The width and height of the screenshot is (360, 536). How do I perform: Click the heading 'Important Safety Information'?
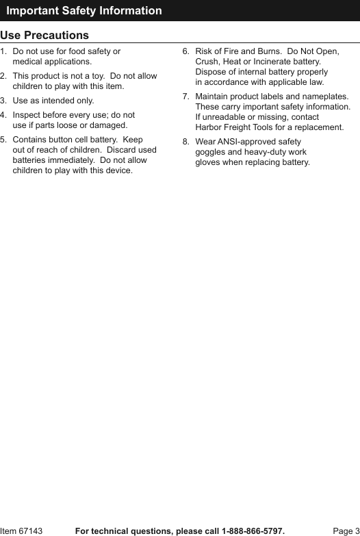pyautogui.click(x=84, y=10)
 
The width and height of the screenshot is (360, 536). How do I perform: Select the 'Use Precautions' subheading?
pyautogui.click(x=44, y=35)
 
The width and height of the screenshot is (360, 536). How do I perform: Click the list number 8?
pyautogui.click(x=185, y=142)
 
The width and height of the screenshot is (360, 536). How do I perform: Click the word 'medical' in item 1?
pyautogui.click(x=28, y=62)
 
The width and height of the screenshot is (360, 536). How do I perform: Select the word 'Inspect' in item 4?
pyautogui.click(x=27, y=116)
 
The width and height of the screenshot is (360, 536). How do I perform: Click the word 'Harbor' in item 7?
pyautogui.click(x=209, y=127)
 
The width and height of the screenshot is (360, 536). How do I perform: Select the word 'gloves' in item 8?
pyautogui.click(x=207, y=162)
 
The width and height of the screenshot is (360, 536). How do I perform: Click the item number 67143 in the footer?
pyautogui.click(x=30, y=531)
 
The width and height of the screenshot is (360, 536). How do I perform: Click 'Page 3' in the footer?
pyautogui.click(x=346, y=531)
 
